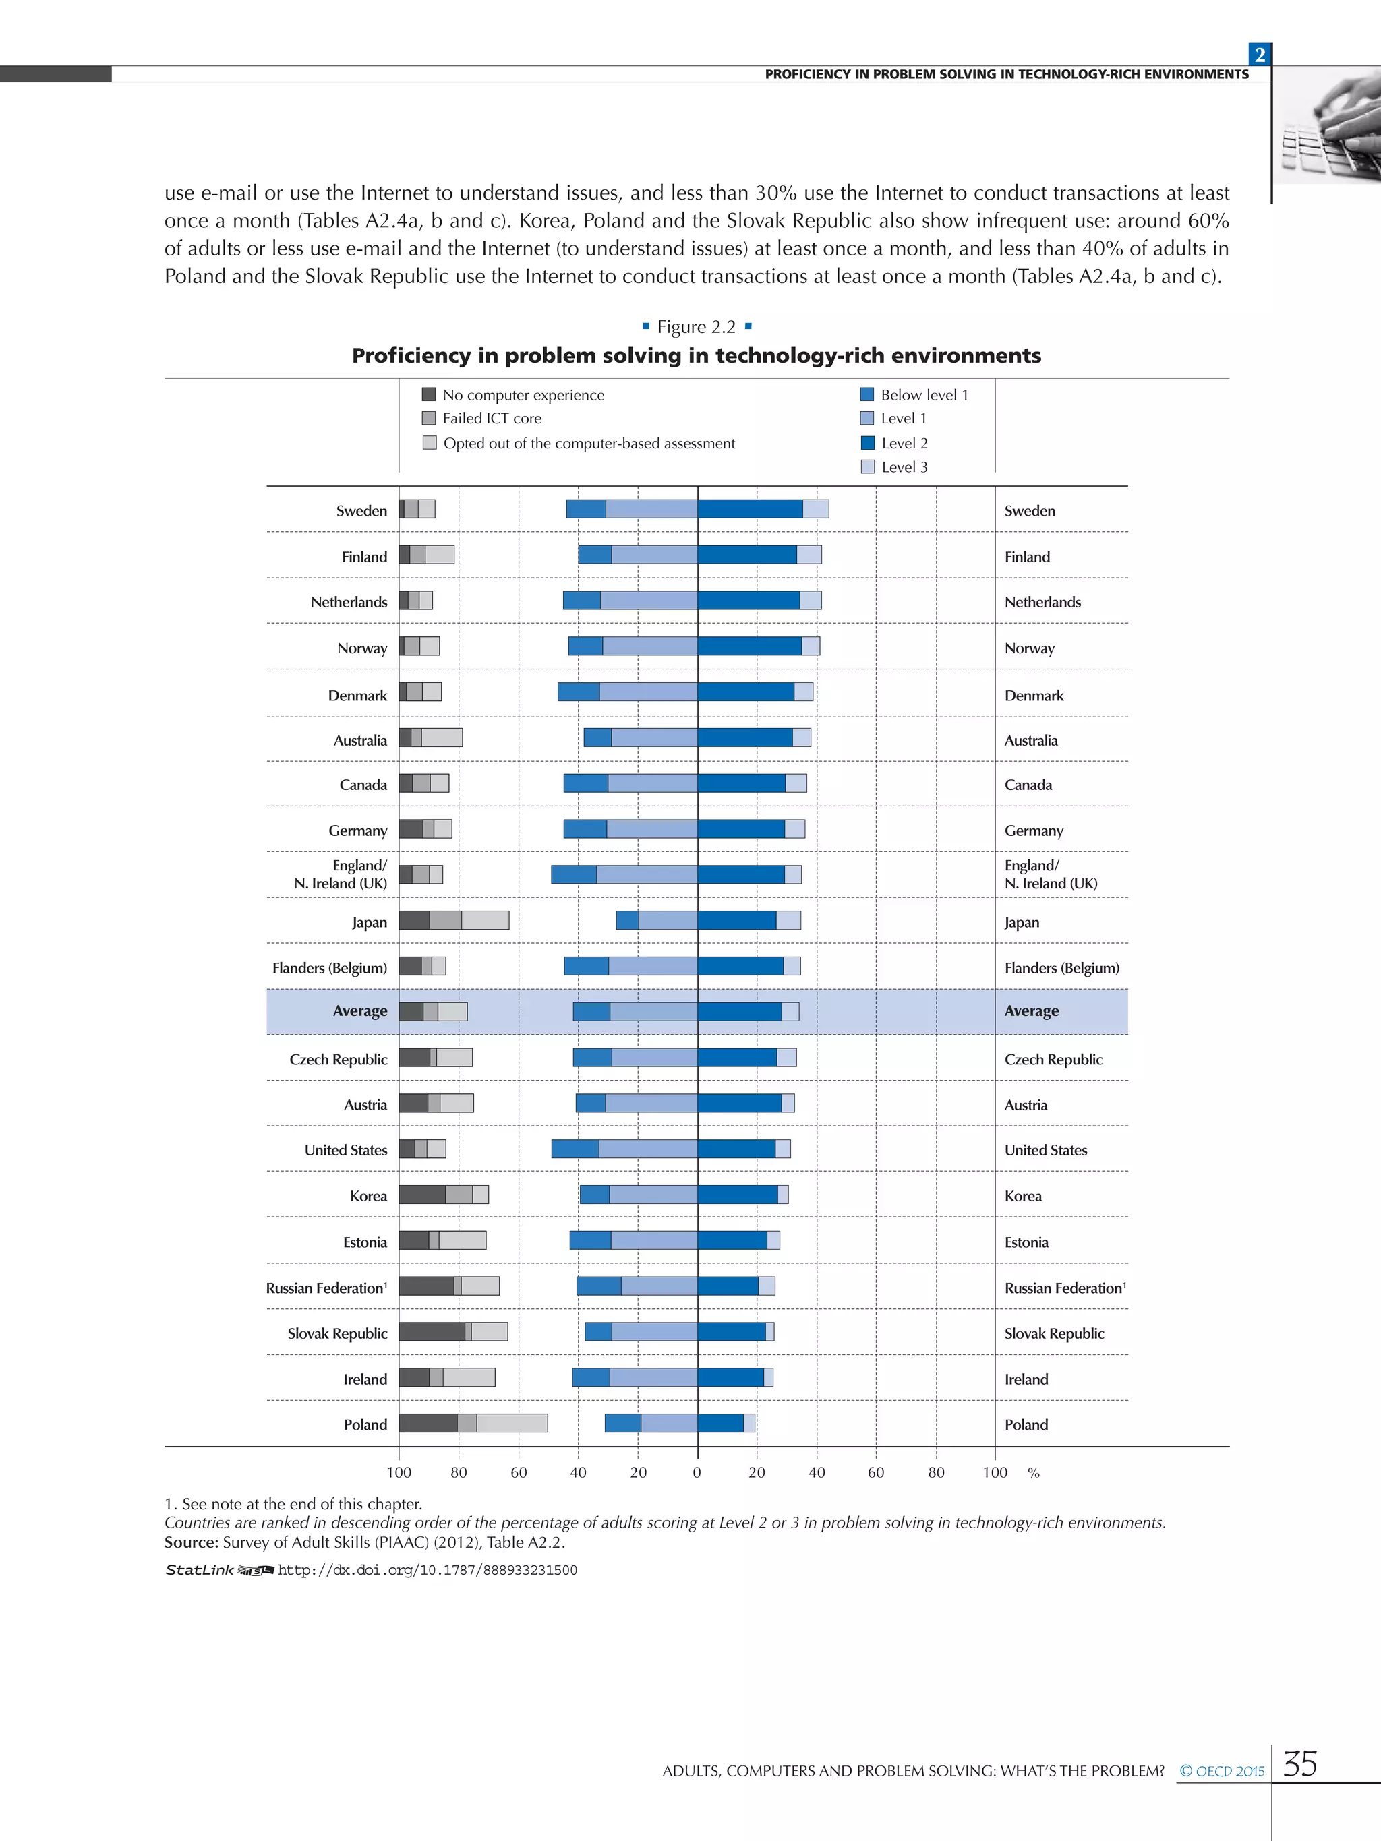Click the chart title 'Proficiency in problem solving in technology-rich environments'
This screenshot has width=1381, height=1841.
(x=696, y=355)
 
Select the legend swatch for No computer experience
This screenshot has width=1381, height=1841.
(x=430, y=394)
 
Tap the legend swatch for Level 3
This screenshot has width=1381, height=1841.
(x=867, y=467)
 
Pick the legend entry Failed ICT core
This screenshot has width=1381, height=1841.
(x=491, y=419)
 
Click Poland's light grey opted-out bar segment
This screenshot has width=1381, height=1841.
(x=512, y=1423)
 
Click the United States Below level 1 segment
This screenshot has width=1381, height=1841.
(x=575, y=1149)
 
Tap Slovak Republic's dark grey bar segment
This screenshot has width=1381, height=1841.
(x=431, y=1331)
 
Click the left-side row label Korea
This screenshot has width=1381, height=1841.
(x=368, y=1196)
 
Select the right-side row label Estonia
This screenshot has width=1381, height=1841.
(x=1026, y=1242)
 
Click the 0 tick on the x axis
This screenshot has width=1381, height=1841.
(x=697, y=1472)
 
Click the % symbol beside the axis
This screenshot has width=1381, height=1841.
(x=1033, y=1473)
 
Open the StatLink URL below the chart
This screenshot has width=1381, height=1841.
(x=427, y=1570)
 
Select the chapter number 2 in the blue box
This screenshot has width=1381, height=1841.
(x=1260, y=55)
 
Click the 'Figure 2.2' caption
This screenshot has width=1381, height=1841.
(x=696, y=327)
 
